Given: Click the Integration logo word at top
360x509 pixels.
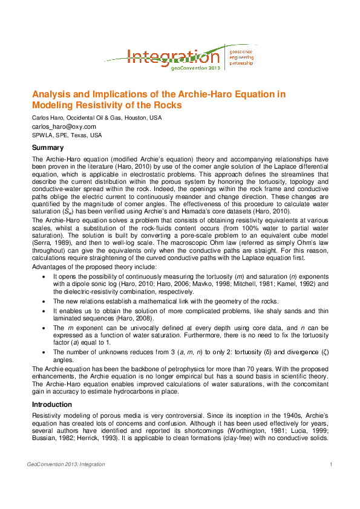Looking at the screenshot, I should pos(172,57).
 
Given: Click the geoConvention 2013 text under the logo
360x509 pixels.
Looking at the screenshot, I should pos(195,69).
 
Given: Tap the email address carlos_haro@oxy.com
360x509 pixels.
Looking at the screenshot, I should pos(64,126).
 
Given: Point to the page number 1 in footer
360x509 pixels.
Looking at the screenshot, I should pos(332,464).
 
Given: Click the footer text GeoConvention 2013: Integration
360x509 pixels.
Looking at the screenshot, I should pos(66,464).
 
